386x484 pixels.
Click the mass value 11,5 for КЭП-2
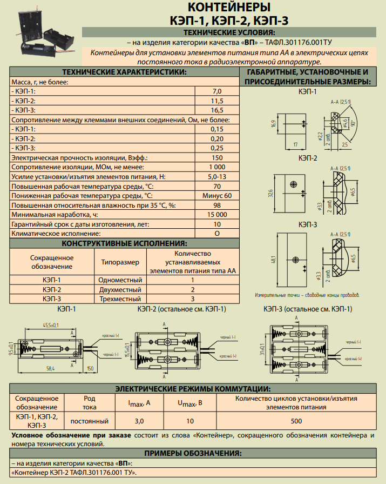(217, 101)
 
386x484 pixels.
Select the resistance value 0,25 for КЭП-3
(217, 148)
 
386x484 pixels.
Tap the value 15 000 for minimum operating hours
(217, 214)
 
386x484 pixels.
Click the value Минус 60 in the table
(217, 195)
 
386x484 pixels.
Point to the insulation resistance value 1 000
(217, 167)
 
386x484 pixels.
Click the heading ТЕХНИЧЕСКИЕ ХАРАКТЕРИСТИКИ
(124, 72)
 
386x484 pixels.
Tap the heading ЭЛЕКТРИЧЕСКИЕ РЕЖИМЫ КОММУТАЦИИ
(193, 389)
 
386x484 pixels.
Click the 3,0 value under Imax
(139, 421)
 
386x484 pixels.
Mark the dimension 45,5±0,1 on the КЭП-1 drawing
(51, 325)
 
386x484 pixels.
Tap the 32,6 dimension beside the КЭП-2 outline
(270, 193)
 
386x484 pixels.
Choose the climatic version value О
(217, 233)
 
